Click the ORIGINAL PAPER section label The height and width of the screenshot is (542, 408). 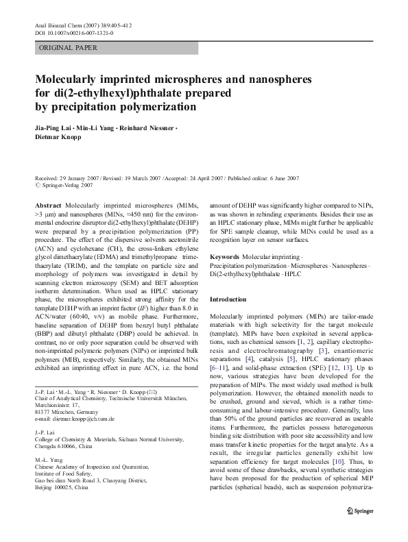(68, 48)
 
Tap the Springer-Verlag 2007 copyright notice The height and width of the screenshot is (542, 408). (67, 185)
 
